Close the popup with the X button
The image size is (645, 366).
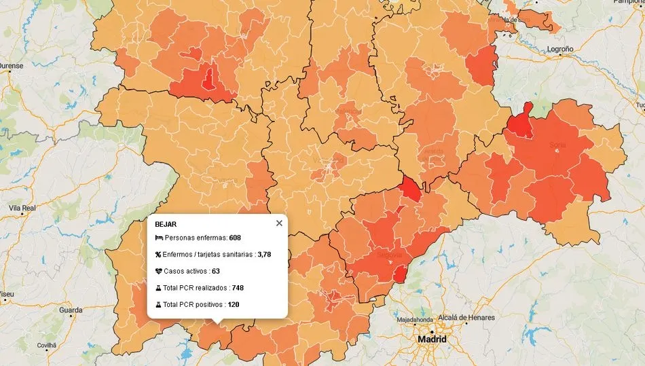(279, 223)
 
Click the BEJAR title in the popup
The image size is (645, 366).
(165, 223)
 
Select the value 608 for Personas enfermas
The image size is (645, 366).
(235, 238)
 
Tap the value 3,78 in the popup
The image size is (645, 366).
(264, 255)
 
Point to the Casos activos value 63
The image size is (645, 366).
(216, 271)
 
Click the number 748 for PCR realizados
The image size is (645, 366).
(238, 288)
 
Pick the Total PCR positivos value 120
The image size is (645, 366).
(233, 304)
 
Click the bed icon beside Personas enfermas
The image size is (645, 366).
(159, 238)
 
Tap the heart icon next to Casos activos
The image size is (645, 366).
(159, 271)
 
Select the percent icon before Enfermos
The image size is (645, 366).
(159, 255)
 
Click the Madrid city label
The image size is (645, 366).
(432, 339)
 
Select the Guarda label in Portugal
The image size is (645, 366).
(71, 310)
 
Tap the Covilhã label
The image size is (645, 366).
(46, 345)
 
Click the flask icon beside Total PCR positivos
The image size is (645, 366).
(159, 304)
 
